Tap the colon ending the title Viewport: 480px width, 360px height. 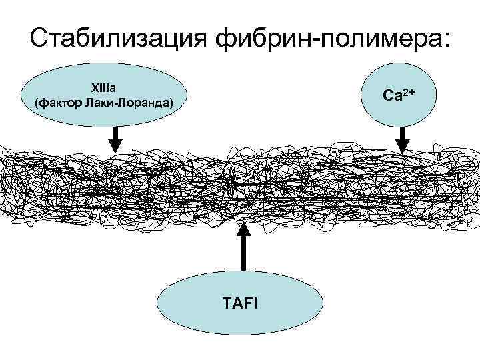pyautogui.click(x=445, y=40)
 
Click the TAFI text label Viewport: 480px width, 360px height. pyautogui.click(x=243, y=304)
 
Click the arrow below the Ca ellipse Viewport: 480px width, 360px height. pyautogui.click(x=402, y=140)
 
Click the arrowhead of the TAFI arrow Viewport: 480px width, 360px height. pyautogui.click(x=244, y=229)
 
